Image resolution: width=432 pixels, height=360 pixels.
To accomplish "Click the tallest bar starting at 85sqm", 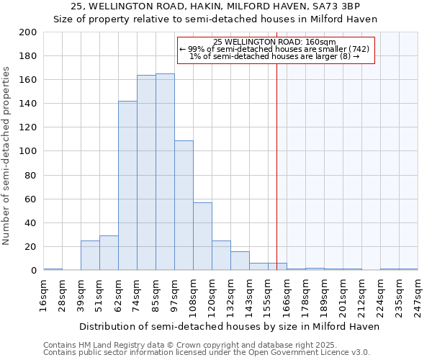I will click(x=165, y=172).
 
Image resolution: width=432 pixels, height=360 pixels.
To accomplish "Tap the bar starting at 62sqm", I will click(x=127, y=186).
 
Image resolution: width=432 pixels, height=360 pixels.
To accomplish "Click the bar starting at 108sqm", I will click(x=202, y=236).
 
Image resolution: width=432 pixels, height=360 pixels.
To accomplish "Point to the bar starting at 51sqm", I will click(x=109, y=253).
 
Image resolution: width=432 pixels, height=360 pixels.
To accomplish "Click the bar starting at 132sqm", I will click(x=240, y=261).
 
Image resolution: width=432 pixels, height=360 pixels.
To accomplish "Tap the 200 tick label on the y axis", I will click(x=28, y=32).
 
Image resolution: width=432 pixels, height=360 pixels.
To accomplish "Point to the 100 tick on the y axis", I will click(x=28, y=151).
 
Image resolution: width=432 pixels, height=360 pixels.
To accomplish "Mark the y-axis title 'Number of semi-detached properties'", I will click(x=7, y=155).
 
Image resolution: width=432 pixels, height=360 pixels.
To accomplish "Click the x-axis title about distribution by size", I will click(x=229, y=326).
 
